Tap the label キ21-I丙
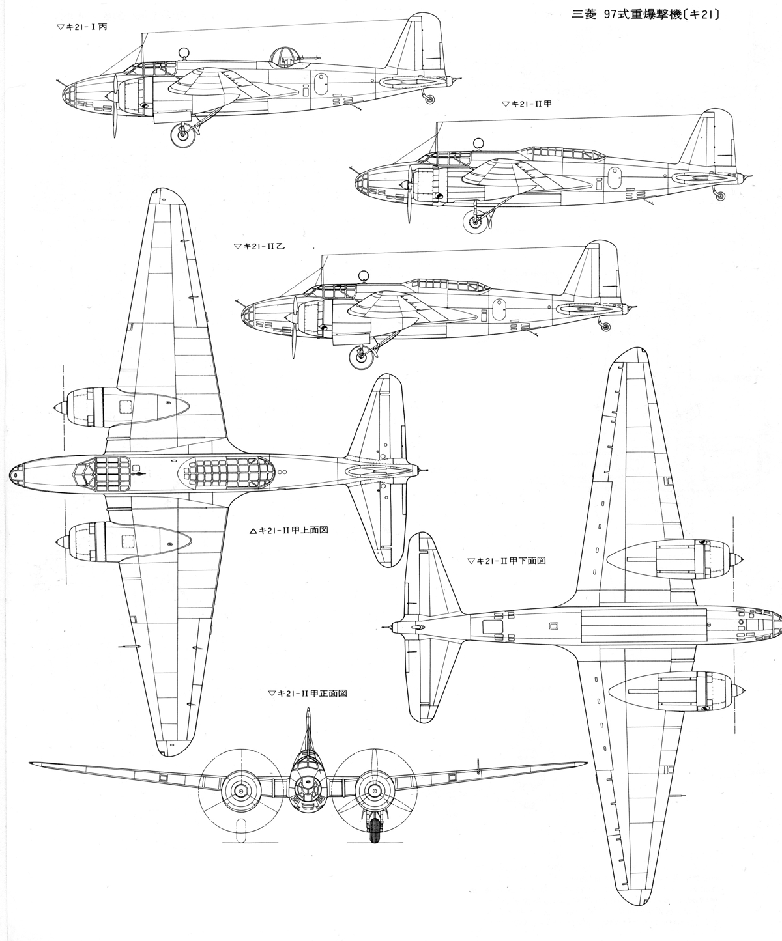point(82,27)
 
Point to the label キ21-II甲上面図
point(289,530)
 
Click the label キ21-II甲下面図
point(506,560)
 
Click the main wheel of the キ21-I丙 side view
point(182,135)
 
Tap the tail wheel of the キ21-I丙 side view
point(429,98)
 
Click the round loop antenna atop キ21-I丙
point(186,51)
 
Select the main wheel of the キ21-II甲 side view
point(474,222)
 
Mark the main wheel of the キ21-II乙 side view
point(360,356)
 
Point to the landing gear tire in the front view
point(374,832)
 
